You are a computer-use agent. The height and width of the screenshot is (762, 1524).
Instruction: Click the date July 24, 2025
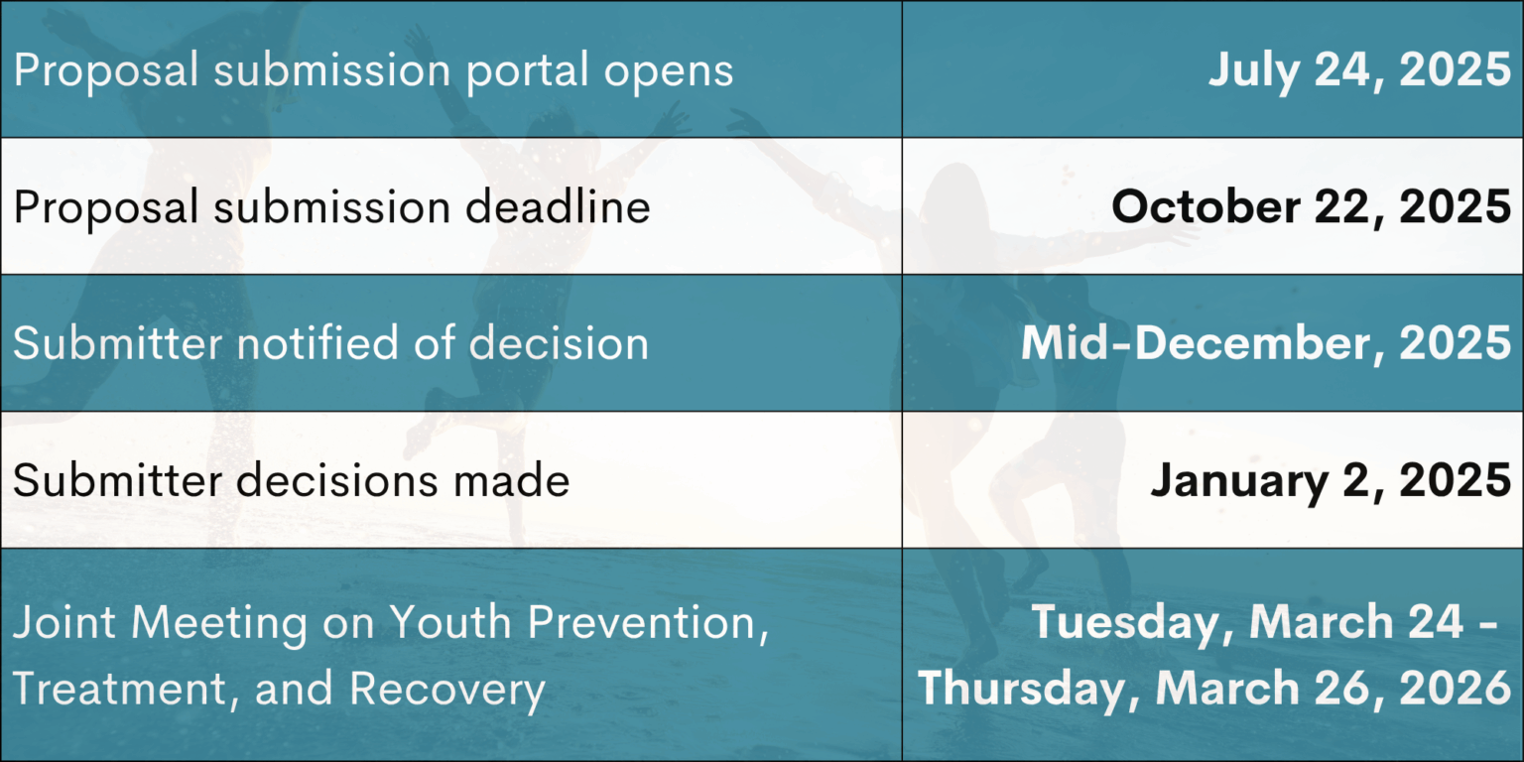pos(1358,70)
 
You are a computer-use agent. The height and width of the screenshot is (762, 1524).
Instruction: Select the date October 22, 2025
pos(1311,206)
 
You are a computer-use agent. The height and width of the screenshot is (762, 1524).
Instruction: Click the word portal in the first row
pos(527,70)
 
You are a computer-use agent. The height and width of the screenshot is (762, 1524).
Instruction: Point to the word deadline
pos(558,206)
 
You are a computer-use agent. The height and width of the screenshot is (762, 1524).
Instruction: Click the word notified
pos(317,342)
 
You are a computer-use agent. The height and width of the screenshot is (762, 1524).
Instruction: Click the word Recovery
pos(447,690)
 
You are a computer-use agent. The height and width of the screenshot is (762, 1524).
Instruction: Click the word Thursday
pos(1029,690)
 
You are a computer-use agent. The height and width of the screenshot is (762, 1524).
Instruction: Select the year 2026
pos(1455,688)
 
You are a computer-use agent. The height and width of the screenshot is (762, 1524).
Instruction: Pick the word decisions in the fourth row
pos(336,479)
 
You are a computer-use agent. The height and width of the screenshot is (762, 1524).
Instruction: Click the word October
pos(1206,206)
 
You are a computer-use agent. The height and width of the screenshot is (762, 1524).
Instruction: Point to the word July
pos(1252,70)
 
